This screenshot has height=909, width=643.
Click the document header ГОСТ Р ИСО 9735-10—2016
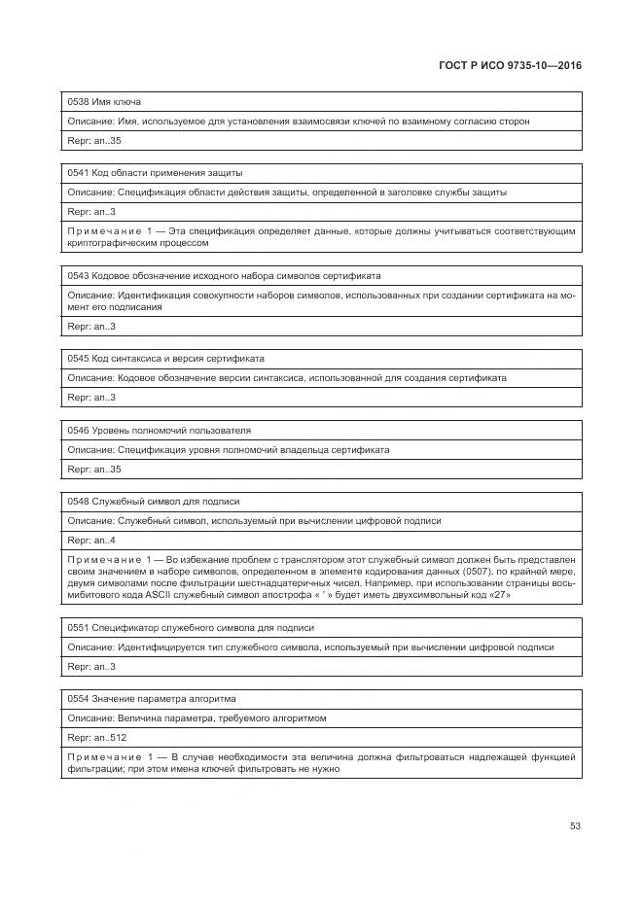coord(511,65)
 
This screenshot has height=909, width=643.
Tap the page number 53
coord(575,826)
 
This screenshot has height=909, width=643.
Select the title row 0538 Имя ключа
coord(105,101)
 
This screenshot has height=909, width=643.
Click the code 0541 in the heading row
coord(78,173)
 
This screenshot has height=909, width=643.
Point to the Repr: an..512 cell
coord(96,738)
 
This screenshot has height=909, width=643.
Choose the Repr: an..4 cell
coord(91,541)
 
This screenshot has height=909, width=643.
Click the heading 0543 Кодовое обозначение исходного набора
coord(224,276)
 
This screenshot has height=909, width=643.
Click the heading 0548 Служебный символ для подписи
coord(154,502)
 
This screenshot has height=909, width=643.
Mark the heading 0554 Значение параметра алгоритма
coord(152,699)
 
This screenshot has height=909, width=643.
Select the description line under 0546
coord(228,450)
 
